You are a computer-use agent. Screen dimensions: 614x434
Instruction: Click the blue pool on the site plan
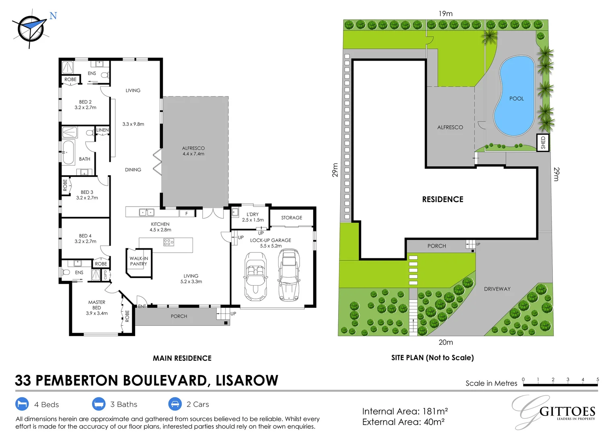514,96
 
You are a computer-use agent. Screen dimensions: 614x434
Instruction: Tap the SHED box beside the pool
543,143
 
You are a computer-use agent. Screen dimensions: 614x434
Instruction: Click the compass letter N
53,16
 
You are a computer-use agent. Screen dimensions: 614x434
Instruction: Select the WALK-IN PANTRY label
139,261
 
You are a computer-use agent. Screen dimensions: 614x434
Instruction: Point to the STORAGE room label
292,217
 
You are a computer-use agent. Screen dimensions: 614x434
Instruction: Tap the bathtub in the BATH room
68,152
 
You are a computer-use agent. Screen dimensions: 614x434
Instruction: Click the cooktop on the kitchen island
168,242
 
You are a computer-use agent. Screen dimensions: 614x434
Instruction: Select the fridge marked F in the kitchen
187,213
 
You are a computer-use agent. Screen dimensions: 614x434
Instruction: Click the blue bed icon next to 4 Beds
22,404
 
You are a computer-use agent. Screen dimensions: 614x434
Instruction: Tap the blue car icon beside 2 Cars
175,404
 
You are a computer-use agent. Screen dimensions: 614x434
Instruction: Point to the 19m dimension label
446,14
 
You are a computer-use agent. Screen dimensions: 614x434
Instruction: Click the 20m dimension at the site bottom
446,342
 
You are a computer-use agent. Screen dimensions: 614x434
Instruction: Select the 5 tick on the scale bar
598,380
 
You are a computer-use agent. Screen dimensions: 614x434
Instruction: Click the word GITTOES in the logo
567,411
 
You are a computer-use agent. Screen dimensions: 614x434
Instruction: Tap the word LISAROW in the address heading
247,380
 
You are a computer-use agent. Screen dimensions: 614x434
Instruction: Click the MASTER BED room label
97,305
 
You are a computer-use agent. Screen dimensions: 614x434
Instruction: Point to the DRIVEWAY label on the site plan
497,289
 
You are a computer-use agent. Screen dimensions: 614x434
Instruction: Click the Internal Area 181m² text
405,411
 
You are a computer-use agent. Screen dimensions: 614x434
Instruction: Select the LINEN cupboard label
103,130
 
